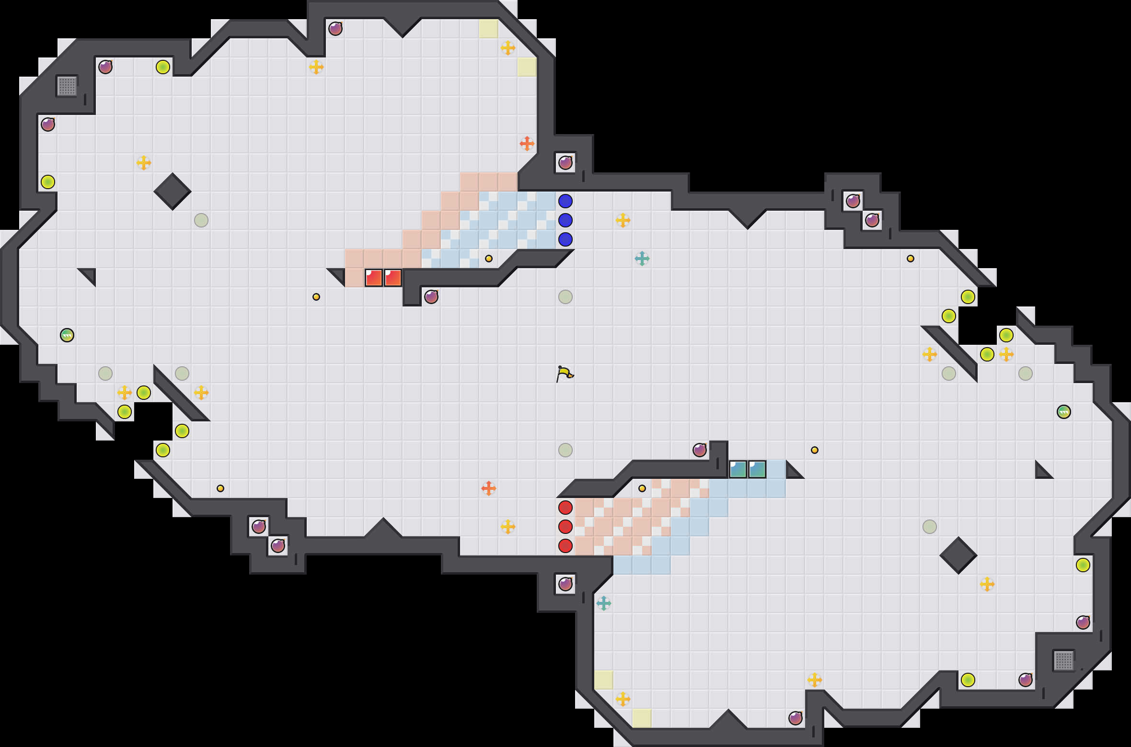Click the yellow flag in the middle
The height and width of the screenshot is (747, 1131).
[565, 373]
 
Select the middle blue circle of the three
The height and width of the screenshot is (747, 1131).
[565, 220]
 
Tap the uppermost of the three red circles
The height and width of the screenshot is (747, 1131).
[565, 507]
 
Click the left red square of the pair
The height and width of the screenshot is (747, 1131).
[374, 278]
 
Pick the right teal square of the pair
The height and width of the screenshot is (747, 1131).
[757, 469]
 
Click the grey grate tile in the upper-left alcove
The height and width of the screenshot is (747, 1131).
[67, 86]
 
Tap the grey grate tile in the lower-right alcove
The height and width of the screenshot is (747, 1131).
[1064, 661]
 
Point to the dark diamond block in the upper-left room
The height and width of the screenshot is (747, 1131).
[173, 192]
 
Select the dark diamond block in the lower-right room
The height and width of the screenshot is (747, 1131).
[958, 555]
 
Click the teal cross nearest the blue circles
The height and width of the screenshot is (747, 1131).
[642, 259]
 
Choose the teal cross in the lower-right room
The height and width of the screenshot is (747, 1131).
[604, 603]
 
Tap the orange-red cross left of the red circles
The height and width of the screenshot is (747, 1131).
[489, 488]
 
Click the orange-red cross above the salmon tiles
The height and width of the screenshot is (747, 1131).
[527, 144]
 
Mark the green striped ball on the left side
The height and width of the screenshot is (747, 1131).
[67, 335]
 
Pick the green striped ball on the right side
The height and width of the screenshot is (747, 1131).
[1064, 412]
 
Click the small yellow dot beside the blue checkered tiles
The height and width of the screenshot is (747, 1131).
[489, 259]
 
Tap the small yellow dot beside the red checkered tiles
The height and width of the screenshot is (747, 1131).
[642, 488]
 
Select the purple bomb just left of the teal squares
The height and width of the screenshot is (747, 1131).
[700, 450]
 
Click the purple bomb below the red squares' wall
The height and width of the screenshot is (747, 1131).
[431, 297]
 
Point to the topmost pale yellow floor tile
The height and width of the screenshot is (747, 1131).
[489, 29]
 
